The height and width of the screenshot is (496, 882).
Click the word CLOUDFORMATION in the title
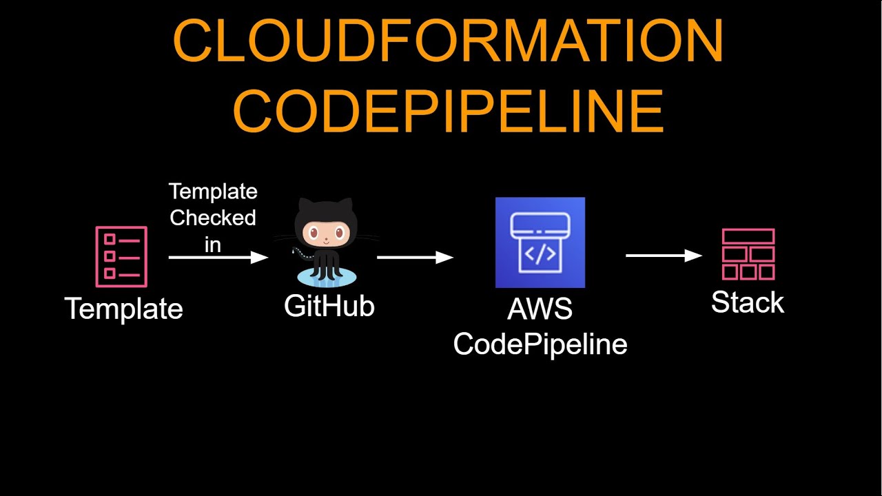(x=448, y=41)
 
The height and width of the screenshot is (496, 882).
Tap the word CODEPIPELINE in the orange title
(x=448, y=111)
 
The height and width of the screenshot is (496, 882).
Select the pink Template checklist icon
(x=121, y=256)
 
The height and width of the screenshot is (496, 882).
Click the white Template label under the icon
(x=124, y=309)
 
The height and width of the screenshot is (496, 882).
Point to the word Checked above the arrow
(x=213, y=218)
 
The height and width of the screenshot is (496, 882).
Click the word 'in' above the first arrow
(x=213, y=244)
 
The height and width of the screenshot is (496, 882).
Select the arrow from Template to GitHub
(x=218, y=258)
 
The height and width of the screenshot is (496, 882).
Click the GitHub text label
(x=329, y=306)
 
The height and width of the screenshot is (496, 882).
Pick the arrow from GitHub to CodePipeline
(x=415, y=258)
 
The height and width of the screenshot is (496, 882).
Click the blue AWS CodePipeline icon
(x=540, y=242)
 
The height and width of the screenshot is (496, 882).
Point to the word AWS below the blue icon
(x=540, y=309)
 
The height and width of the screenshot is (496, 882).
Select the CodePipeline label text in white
(x=540, y=344)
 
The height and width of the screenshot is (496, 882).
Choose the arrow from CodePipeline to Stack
(x=664, y=256)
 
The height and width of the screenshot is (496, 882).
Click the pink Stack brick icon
(x=748, y=254)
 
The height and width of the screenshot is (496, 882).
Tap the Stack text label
(x=748, y=302)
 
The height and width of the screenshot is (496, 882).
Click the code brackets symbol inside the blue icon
(x=540, y=254)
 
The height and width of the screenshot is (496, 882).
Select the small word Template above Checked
(x=213, y=192)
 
